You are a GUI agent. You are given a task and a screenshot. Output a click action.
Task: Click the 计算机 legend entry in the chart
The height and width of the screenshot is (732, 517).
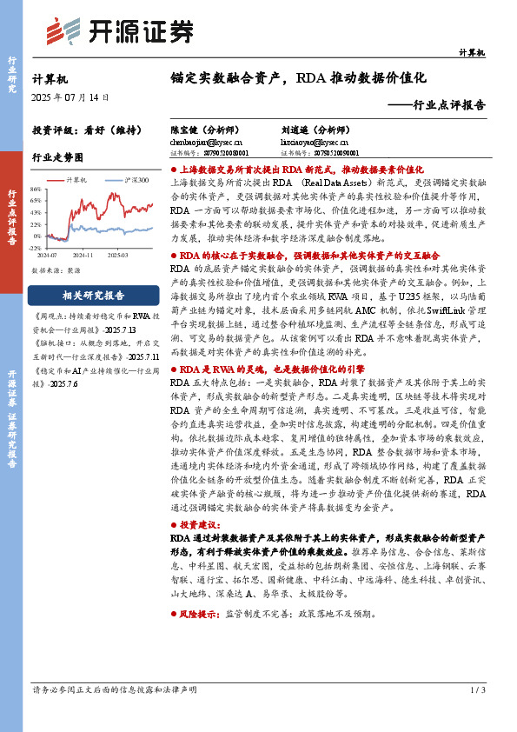[x=76, y=180]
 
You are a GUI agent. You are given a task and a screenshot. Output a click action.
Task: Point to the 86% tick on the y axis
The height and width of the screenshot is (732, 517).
[x=35, y=189]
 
